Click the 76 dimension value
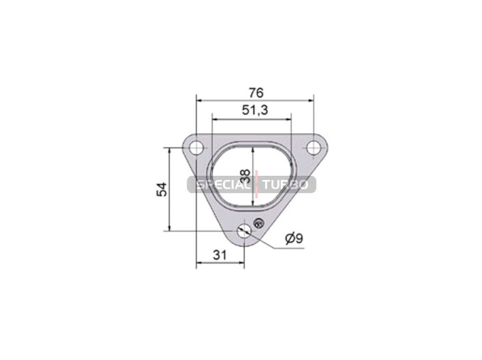pos(256,93)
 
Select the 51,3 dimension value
pos(255,110)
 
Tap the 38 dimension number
pos(245,176)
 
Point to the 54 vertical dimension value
pos(161,189)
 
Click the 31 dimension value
pos(219,255)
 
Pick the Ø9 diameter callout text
pos(294,238)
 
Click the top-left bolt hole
pos(196,148)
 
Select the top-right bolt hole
pos(313,147)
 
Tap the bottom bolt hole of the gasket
pos(244,231)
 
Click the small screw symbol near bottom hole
pos(258,223)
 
